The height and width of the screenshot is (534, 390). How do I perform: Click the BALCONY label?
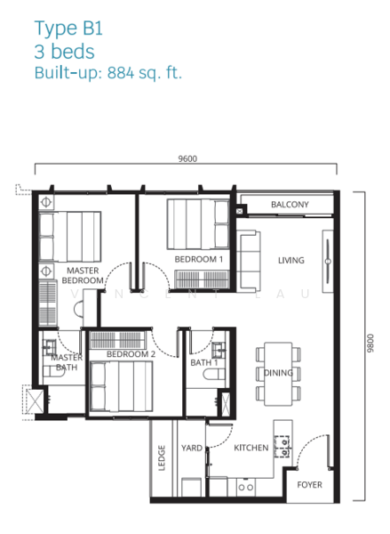point(290,205)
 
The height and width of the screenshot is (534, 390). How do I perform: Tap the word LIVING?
point(291,261)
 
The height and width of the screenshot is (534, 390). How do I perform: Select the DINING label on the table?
point(278,373)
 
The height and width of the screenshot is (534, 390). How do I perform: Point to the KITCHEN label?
point(251,448)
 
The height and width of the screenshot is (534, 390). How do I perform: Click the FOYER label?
point(309,485)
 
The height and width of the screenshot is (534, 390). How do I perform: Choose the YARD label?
point(192,448)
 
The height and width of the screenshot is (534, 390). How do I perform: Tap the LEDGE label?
point(162,458)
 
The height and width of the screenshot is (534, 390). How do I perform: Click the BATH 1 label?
point(204,363)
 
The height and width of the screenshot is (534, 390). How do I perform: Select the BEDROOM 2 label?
point(131,354)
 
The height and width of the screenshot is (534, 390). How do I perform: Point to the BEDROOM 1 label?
point(199,259)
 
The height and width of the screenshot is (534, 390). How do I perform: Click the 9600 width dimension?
point(187,158)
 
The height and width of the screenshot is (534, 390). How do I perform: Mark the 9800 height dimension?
point(370,344)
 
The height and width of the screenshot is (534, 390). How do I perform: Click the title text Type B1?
point(68,28)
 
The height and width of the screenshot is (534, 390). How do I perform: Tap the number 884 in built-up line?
point(121,73)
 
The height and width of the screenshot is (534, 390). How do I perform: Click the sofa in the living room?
point(249,261)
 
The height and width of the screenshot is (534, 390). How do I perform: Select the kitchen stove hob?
point(283,447)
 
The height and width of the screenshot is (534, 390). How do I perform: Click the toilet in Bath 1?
point(213,375)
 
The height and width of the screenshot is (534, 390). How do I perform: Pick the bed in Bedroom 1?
point(198,224)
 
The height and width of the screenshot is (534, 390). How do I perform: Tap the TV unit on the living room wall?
point(328,261)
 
